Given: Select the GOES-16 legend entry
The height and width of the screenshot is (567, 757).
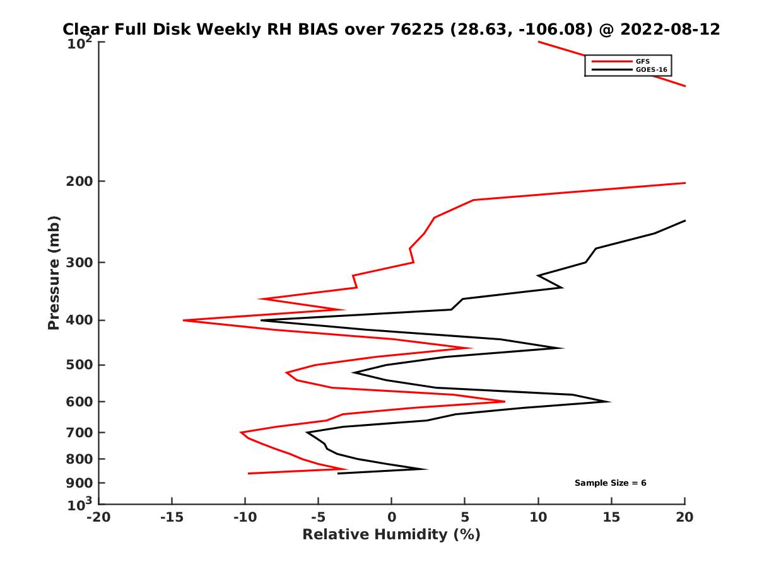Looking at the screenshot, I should pos(649,69).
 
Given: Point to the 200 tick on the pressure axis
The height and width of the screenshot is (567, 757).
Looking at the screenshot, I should pos(79,181).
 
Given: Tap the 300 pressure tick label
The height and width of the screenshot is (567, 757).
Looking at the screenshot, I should pos(79,263).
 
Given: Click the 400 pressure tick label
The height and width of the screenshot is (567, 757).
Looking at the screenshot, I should pos(79,320).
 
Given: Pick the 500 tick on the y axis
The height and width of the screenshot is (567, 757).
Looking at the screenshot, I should pos(79,365).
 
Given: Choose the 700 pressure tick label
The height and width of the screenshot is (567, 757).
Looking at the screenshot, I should pos(79,433).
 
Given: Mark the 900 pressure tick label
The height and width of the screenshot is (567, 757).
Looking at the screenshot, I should pos(79,483).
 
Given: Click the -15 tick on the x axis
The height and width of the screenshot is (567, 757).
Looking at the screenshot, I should pos(172,517).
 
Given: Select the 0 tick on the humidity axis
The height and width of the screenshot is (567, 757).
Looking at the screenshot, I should pos(392,517).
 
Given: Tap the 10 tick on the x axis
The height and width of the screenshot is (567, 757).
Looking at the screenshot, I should pos(538,517).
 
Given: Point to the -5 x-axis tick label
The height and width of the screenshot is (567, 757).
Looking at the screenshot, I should pos(318,517).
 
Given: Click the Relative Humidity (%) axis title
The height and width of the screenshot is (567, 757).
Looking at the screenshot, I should pos(391,535).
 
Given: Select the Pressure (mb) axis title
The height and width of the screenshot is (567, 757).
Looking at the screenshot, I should pos(54,273).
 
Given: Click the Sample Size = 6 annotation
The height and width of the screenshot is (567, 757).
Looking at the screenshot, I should pos(610,483).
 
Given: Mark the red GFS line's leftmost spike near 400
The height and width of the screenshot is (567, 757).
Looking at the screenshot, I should pos(184,320).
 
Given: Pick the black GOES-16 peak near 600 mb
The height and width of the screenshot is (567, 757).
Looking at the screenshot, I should pos(609,401).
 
